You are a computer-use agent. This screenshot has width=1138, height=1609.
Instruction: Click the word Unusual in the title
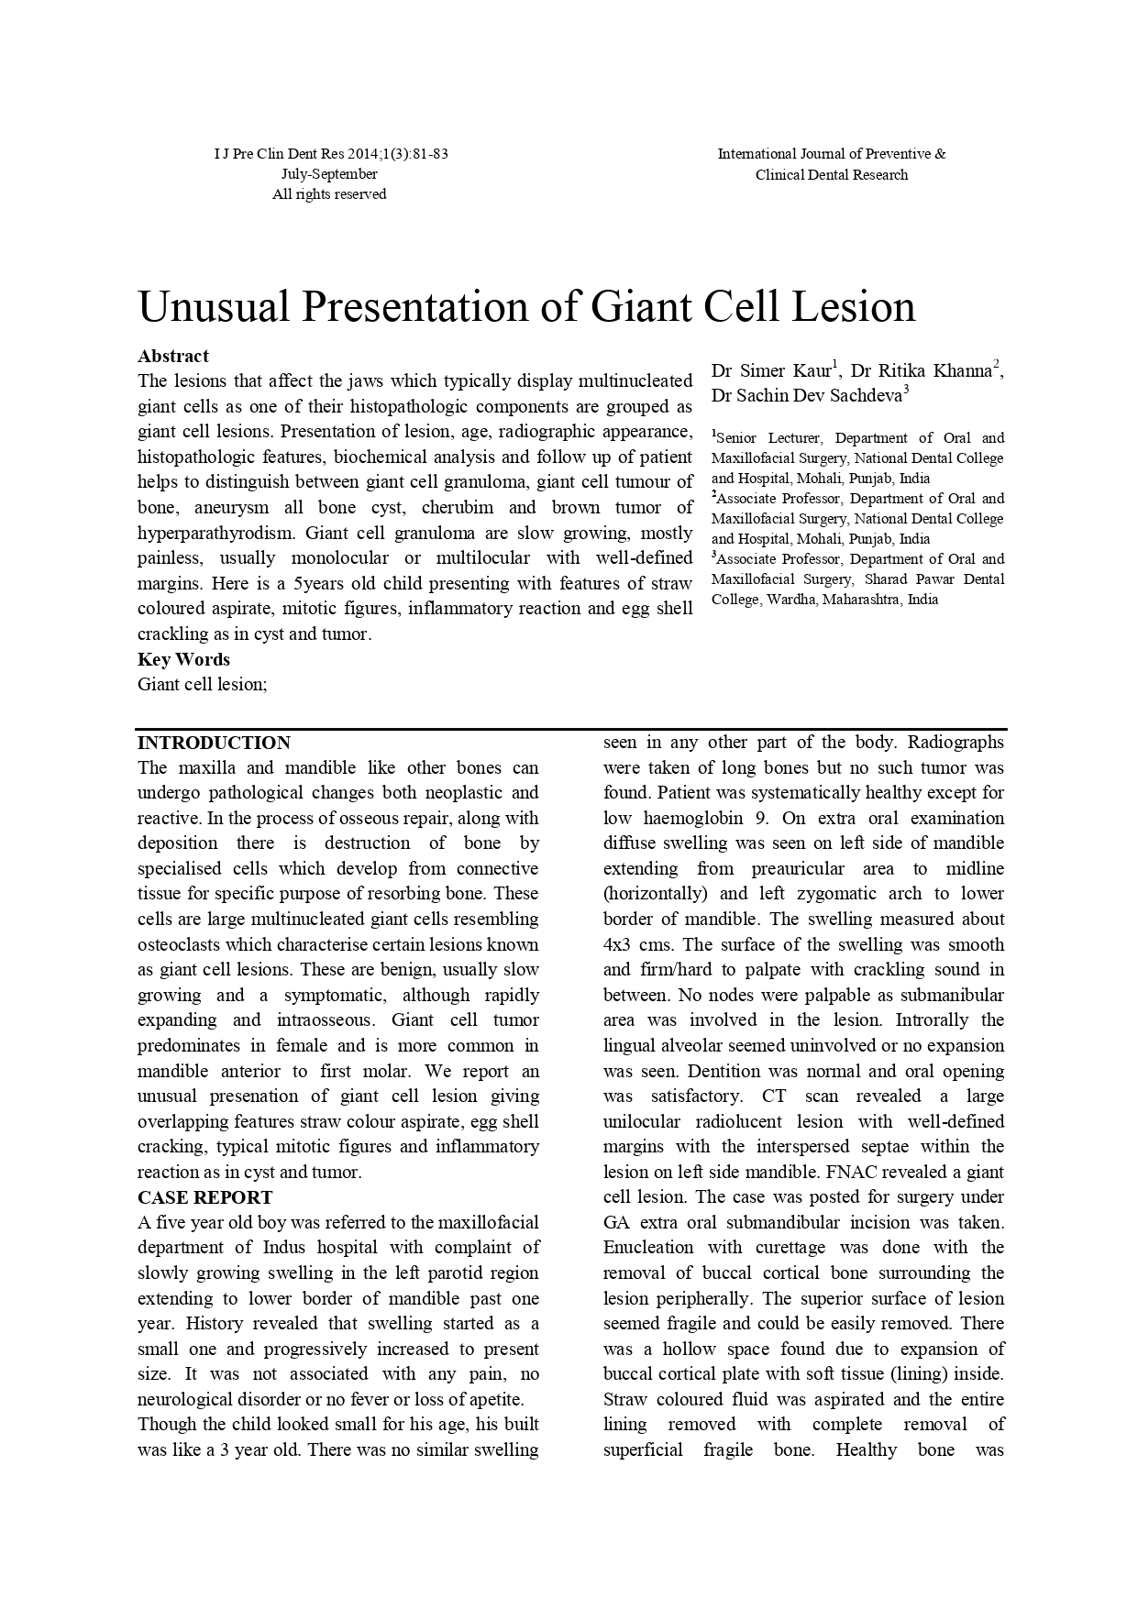click(213, 306)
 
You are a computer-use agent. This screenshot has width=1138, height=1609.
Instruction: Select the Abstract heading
click(173, 356)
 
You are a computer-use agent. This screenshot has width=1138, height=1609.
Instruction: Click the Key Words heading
click(183, 659)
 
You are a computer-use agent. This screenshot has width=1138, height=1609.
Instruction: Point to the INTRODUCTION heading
click(214, 743)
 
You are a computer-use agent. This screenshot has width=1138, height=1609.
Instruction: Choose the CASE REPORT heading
click(204, 1197)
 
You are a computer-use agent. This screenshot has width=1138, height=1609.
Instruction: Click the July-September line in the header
click(329, 174)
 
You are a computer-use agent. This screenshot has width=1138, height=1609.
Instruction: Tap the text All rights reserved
click(329, 194)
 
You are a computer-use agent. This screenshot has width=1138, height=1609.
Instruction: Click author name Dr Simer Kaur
click(773, 371)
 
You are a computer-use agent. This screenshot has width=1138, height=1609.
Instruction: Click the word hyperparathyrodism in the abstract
click(216, 533)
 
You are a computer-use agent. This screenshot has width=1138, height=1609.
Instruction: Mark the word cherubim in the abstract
click(458, 508)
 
